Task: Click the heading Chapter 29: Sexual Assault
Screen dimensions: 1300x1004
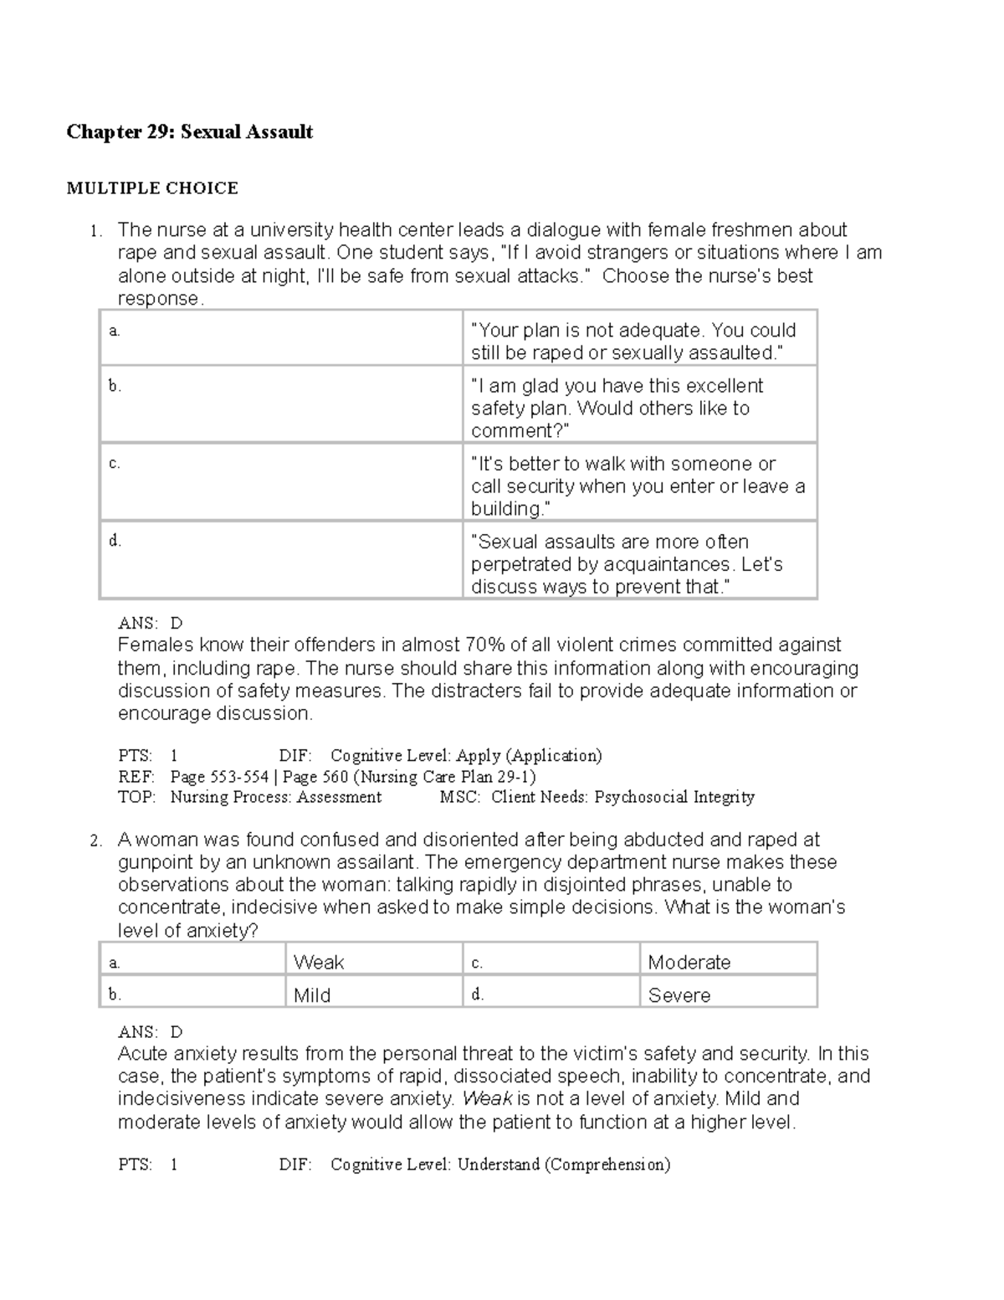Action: (190, 132)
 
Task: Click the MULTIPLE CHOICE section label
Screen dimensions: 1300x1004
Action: (152, 188)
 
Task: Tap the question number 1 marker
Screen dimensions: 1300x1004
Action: (95, 231)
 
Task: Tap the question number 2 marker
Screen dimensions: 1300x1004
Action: (95, 841)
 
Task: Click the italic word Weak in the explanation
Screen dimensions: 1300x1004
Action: (487, 1099)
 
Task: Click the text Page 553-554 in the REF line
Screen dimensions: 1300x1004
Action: (219, 777)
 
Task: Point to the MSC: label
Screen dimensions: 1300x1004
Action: (460, 797)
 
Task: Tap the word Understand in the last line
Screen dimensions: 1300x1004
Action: (498, 1164)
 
